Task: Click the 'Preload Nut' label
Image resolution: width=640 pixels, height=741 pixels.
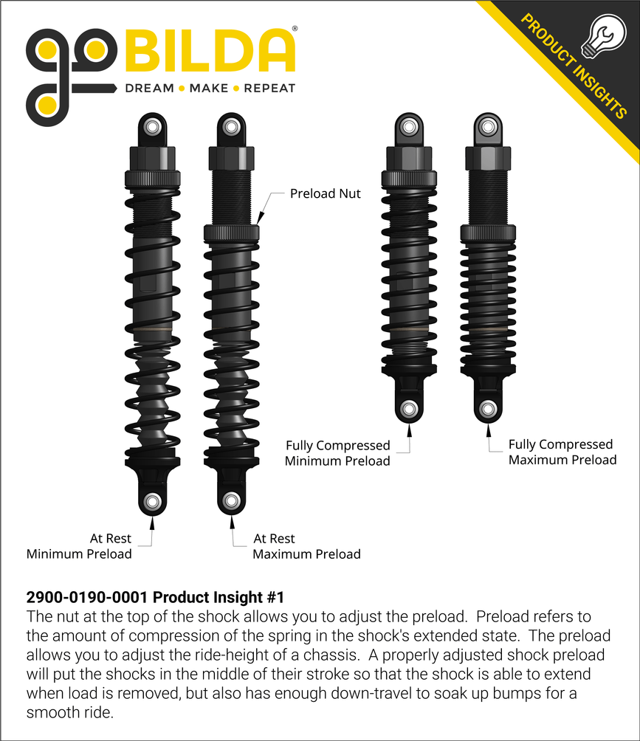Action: [x=326, y=194]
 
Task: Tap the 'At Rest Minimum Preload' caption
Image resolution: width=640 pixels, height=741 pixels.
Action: [x=79, y=546]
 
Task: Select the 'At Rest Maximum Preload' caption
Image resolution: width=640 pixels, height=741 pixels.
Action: [x=306, y=546]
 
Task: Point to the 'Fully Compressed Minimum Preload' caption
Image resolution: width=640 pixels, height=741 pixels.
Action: [x=337, y=453]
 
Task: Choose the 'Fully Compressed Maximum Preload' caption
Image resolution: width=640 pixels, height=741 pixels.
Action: [x=562, y=452]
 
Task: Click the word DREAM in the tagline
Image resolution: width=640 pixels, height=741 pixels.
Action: [x=150, y=89]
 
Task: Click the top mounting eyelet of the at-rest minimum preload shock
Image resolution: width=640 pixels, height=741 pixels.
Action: [x=152, y=126]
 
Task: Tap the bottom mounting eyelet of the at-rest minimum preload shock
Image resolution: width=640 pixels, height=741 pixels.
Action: [x=152, y=503]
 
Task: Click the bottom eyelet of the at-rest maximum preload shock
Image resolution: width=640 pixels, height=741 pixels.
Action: [x=231, y=501]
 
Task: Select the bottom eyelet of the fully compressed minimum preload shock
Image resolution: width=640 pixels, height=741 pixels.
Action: [x=407, y=409]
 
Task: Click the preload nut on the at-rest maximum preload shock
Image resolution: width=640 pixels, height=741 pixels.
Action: [x=231, y=232]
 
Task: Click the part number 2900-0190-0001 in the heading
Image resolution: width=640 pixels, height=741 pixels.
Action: [x=89, y=597]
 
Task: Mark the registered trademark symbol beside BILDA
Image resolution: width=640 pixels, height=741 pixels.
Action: [x=295, y=29]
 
